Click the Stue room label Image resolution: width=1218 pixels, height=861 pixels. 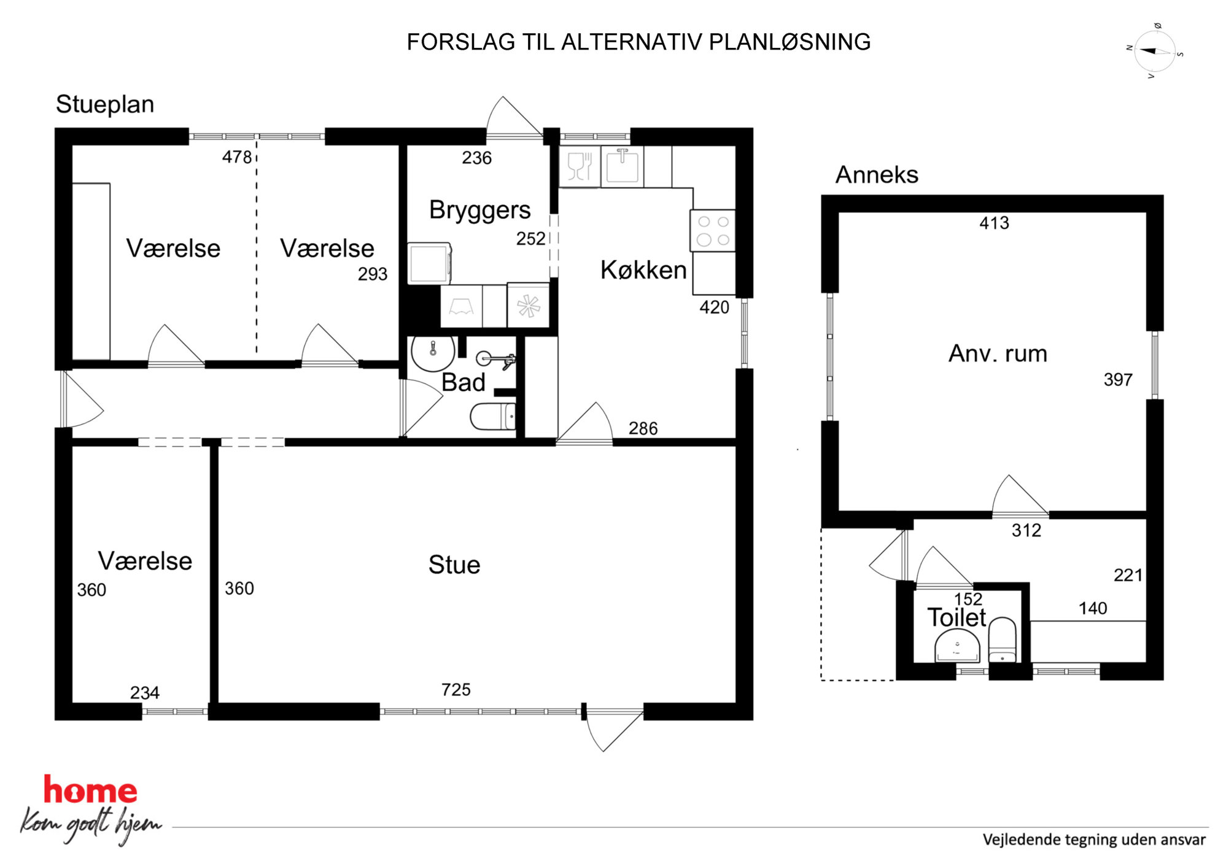pyautogui.click(x=454, y=565)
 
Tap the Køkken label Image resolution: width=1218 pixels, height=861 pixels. pyautogui.click(x=643, y=270)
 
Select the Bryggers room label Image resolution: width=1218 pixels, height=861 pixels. pyautogui.click(x=479, y=210)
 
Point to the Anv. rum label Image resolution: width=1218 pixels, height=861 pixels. pyautogui.click(x=998, y=353)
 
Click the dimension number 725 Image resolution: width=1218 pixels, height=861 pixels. pyautogui.click(x=456, y=690)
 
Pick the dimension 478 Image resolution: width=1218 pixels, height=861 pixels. pyautogui.click(x=237, y=157)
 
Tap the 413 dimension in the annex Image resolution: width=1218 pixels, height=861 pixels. pyautogui.click(x=994, y=223)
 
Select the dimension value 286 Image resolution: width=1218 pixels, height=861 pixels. pyautogui.click(x=643, y=428)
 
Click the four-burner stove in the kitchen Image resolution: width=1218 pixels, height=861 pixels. pyautogui.click(x=713, y=231)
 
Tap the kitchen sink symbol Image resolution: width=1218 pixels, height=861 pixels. pyautogui.click(x=623, y=166)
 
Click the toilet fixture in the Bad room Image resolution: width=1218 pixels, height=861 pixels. pyautogui.click(x=493, y=417)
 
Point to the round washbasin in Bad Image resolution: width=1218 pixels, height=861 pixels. pyautogui.click(x=433, y=353)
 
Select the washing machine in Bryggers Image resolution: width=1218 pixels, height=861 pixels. pyautogui.click(x=430, y=263)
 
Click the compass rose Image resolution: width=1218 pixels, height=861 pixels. pyautogui.click(x=1155, y=52)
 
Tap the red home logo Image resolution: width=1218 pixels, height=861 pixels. pyautogui.click(x=90, y=790)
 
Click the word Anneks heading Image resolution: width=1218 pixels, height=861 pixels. pyautogui.click(x=877, y=175)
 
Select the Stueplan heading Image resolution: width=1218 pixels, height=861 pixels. pyautogui.click(x=105, y=104)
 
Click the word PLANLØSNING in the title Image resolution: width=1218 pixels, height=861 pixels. pyautogui.click(x=789, y=42)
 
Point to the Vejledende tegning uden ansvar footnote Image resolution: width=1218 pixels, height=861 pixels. pyautogui.click(x=1094, y=840)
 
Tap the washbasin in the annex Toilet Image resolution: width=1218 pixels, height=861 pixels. pyautogui.click(x=957, y=647)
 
